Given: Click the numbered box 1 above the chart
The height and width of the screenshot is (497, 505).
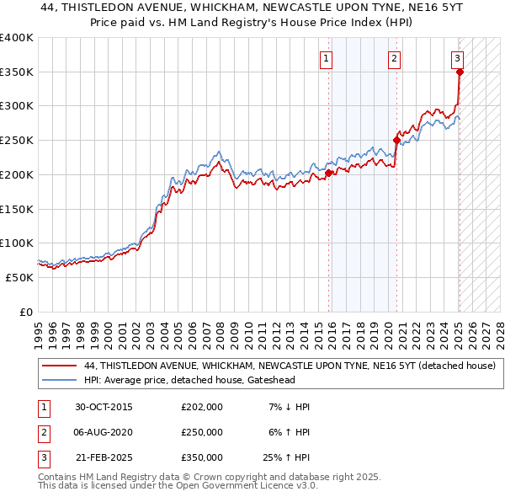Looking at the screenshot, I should pyautogui.click(x=325, y=58).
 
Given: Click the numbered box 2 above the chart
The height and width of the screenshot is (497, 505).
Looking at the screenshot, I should pyautogui.click(x=394, y=58).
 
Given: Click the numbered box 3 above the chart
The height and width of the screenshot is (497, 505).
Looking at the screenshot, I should pyautogui.click(x=456, y=58).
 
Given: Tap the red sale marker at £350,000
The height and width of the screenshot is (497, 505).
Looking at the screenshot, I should pyautogui.click(x=460, y=72).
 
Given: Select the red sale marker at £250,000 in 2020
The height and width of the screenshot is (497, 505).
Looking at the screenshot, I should pyautogui.click(x=396, y=141).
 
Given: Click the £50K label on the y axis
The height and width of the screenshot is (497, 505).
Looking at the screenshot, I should pyautogui.click(x=19, y=276).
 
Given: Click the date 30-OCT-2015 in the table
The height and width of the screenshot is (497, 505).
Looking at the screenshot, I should pyautogui.click(x=104, y=407).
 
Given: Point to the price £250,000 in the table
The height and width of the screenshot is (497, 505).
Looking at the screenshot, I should pyautogui.click(x=202, y=432).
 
